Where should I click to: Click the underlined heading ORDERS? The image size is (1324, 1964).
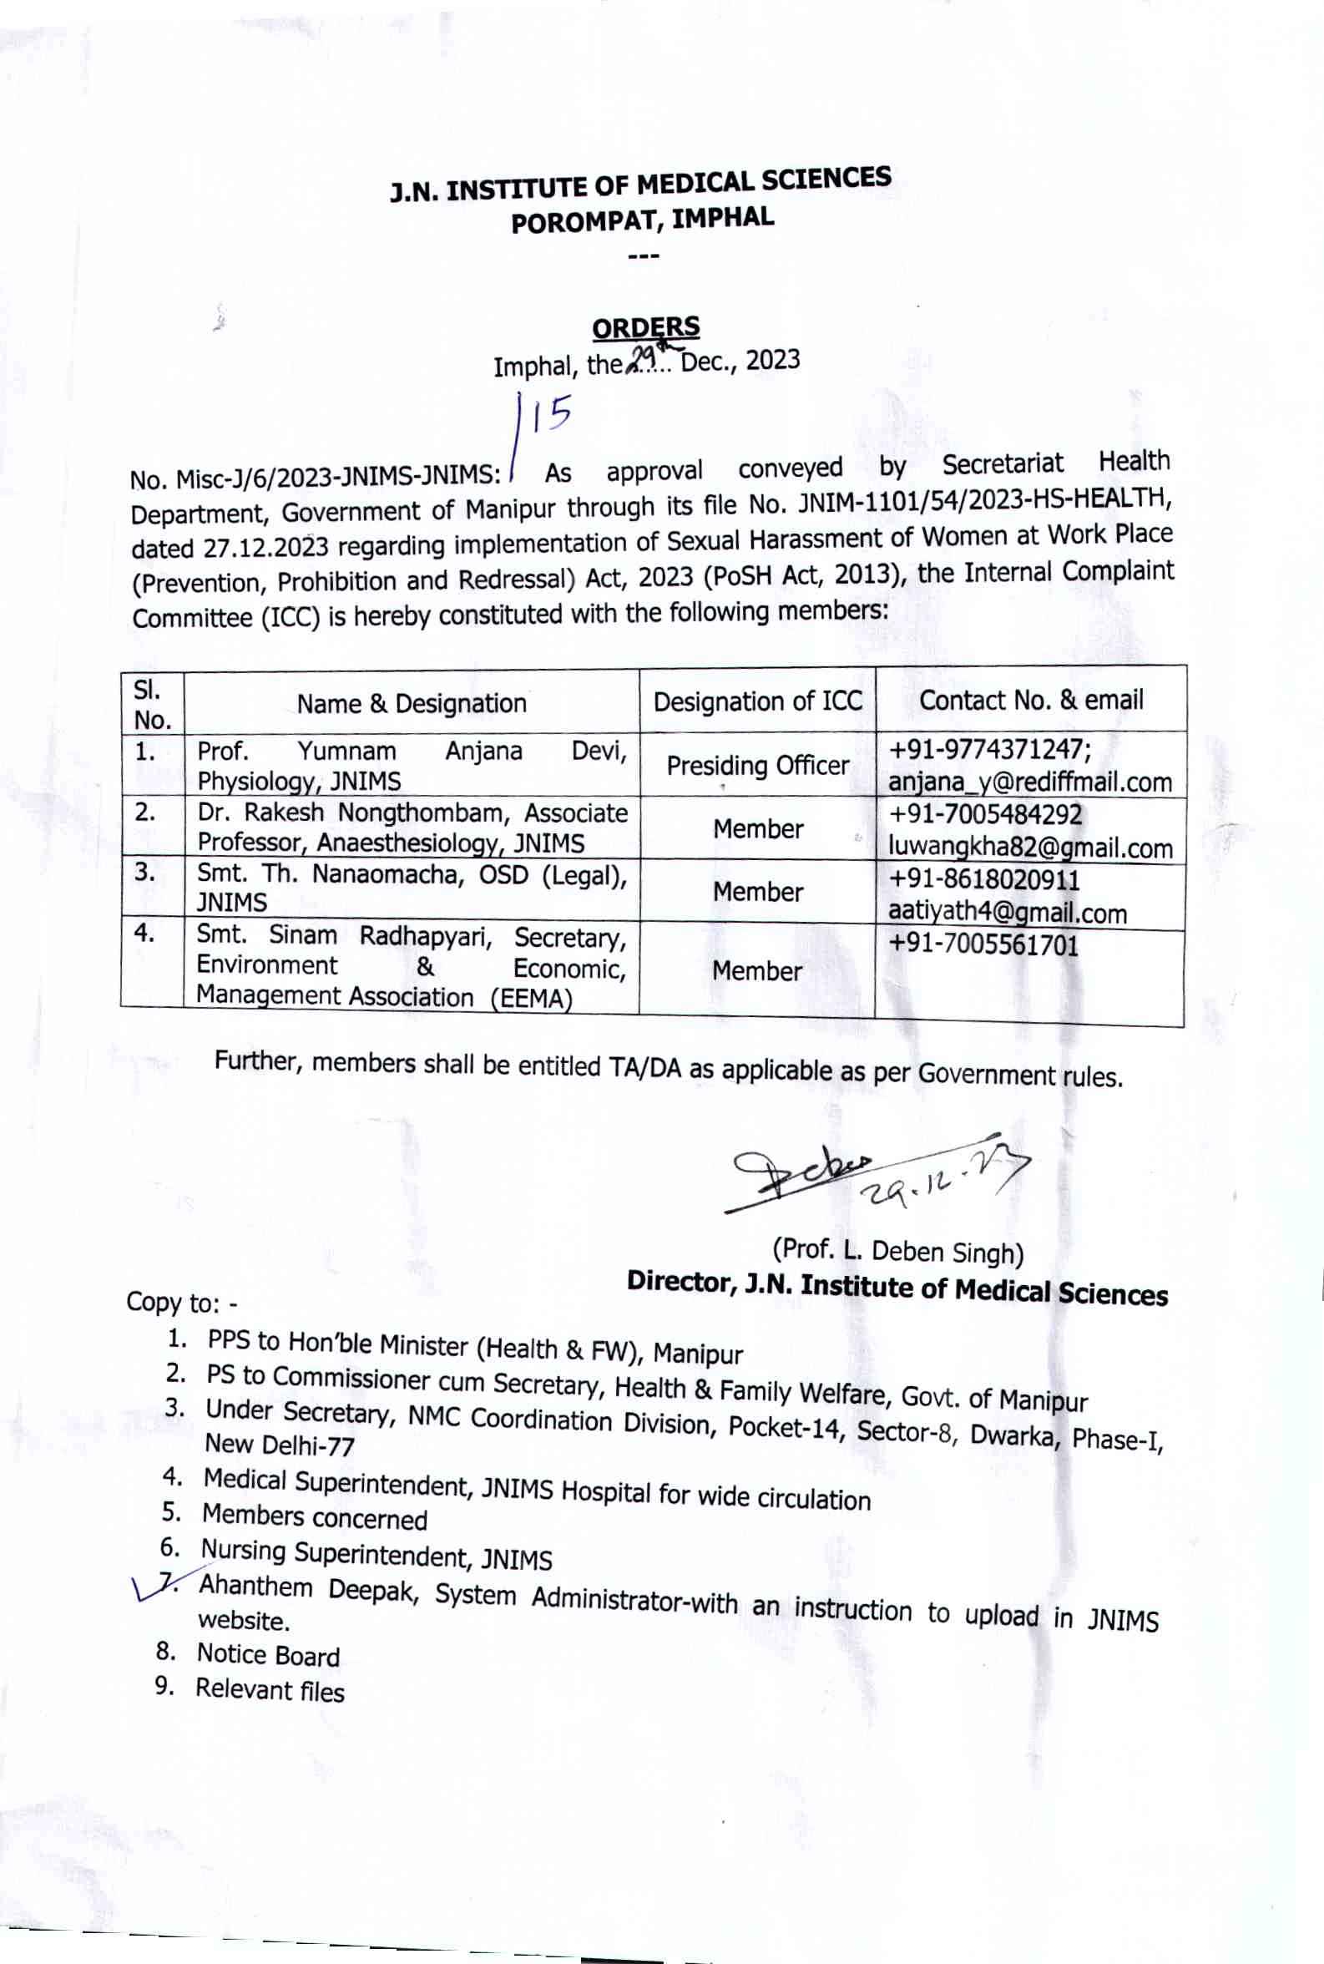tap(646, 327)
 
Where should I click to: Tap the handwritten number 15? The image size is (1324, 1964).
tap(551, 415)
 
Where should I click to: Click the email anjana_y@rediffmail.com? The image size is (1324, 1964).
tap(1029, 782)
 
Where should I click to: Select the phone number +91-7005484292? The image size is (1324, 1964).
tap(984, 815)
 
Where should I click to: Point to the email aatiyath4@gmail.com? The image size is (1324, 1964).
tap(1007, 913)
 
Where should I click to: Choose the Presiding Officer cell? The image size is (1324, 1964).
tap(757, 766)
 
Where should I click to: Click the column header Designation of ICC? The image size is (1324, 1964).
tap(757, 701)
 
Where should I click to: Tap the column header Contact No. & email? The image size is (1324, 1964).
tap(1031, 700)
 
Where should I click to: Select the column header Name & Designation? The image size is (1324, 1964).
tap(412, 703)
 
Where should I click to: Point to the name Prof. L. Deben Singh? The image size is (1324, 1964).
tap(897, 1251)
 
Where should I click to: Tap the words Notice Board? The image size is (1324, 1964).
tap(269, 1655)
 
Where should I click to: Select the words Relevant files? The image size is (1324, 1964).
tap(270, 1689)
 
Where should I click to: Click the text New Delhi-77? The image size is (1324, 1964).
tap(280, 1445)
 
